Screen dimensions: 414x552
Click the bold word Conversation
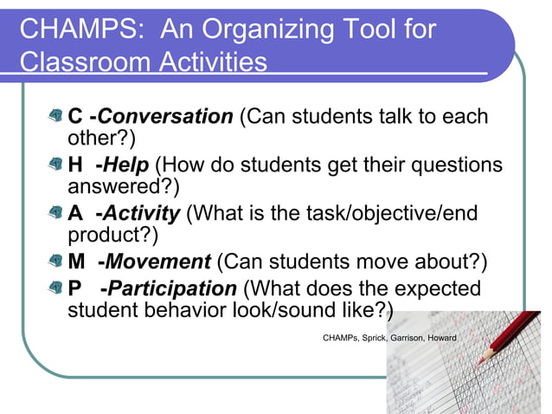[x=165, y=117]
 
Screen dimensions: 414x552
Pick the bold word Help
[x=126, y=165]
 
